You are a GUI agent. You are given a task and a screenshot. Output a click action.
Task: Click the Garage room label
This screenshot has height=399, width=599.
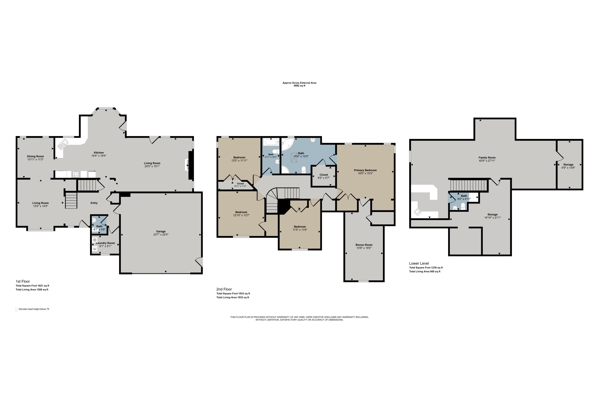point(161,231)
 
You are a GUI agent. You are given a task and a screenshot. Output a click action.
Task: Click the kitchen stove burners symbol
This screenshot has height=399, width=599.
point(76,174)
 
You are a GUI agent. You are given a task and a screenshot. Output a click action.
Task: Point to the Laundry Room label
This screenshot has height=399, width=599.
point(105,243)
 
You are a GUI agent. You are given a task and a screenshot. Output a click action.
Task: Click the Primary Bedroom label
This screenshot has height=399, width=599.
point(365,170)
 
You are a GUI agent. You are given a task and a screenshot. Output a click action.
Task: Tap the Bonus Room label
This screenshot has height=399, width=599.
point(364,245)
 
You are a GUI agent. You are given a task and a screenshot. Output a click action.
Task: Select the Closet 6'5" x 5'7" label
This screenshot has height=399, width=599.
point(323,175)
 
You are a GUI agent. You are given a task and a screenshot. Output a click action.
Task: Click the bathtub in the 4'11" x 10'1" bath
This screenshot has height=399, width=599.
point(271,142)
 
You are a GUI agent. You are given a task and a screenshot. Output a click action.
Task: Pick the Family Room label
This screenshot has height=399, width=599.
point(487,158)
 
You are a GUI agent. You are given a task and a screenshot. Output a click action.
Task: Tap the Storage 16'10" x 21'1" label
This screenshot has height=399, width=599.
point(492,214)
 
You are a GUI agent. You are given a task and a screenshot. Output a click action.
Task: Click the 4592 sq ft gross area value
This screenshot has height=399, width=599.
point(299,86)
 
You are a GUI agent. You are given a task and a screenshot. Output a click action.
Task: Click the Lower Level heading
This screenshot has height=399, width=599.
point(419,263)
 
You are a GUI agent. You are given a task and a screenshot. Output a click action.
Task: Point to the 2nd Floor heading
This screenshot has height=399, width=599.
point(224,289)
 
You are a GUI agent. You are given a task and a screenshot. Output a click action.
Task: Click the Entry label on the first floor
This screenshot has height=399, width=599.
point(94,203)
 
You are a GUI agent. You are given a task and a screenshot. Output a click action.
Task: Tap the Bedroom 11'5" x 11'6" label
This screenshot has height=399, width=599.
point(299,227)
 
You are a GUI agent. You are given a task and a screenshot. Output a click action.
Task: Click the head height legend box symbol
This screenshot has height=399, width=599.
point(17,309)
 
